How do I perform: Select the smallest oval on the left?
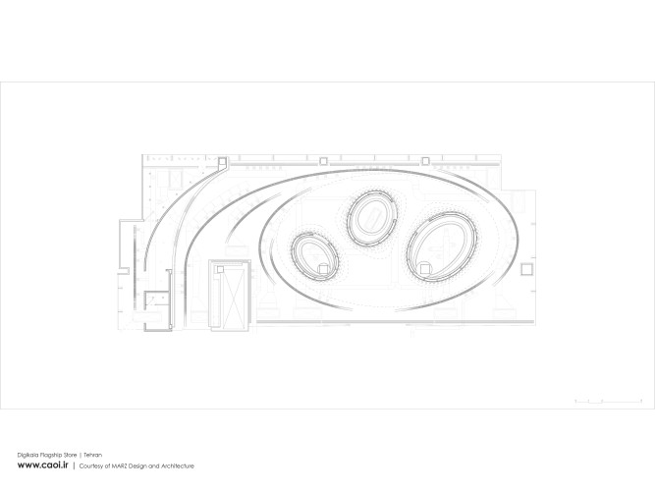(315, 255)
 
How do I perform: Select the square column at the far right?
(528, 267)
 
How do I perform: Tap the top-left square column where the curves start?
(223, 160)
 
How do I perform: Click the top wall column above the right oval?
(425, 159)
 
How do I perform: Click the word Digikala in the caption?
(28, 454)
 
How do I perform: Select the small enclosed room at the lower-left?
(152, 300)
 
